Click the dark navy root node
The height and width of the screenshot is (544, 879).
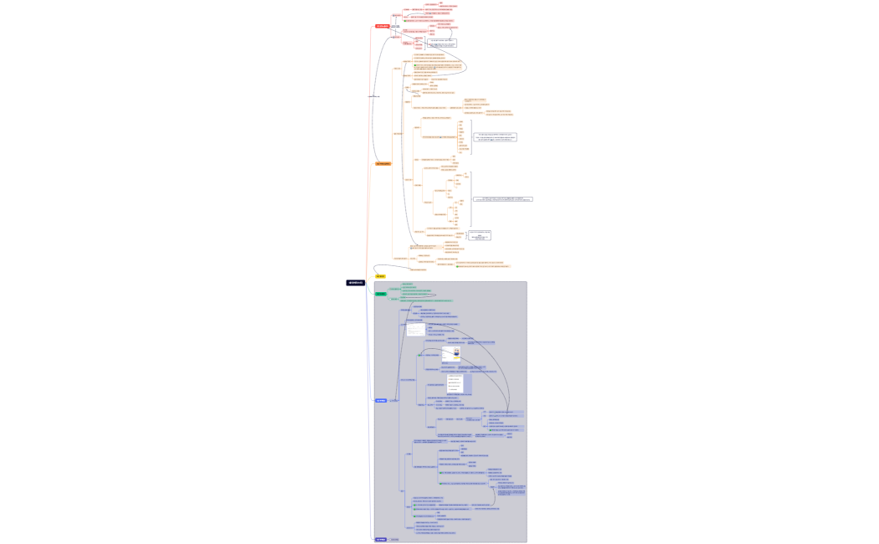click(x=356, y=283)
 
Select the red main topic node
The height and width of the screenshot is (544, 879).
click(x=382, y=26)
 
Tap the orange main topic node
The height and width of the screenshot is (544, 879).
click(x=383, y=164)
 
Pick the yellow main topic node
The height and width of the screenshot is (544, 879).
click(x=380, y=276)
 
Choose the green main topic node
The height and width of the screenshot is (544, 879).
click(x=381, y=294)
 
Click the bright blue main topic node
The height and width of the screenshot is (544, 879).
click(x=381, y=400)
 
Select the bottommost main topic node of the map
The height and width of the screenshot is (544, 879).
click(x=381, y=539)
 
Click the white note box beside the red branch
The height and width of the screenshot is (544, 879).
click(x=442, y=43)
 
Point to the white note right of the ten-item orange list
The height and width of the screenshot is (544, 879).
click(x=496, y=136)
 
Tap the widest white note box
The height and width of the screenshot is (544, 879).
click(x=502, y=199)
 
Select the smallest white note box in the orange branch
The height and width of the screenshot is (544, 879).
click(x=480, y=236)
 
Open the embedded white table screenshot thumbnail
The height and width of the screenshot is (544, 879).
click(x=416, y=330)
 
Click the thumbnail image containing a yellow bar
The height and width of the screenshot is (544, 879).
click(x=451, y=354)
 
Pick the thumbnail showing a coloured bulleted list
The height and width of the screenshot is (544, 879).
click(x=455, y=383)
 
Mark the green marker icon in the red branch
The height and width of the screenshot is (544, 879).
click(x=405, y=21)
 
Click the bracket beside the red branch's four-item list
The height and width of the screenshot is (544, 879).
click(x=425, y=43)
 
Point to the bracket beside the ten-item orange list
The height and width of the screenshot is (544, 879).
click(x=470, y=137)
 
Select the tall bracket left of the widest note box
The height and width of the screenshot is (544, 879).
click(x=470, y=199)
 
